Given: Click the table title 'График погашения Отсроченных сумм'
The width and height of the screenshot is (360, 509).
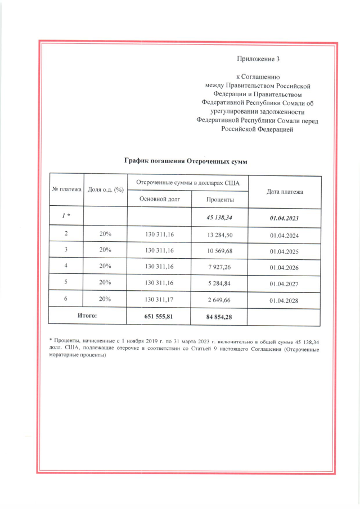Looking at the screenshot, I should pos(186,161).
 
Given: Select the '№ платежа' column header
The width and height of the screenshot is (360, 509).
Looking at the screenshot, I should pos(66,190).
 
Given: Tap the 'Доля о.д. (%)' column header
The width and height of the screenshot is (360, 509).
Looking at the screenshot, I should pos(105,190).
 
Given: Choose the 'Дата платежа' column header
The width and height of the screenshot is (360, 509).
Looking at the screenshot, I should pos(285,192).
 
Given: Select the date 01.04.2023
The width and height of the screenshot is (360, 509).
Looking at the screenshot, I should pos(285,217).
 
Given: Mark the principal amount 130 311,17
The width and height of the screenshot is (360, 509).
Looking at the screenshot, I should pos(159,300).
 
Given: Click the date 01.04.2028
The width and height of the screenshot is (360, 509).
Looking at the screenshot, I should pos(285,301).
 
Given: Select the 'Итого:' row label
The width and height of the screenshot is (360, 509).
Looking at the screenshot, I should pos(87,316).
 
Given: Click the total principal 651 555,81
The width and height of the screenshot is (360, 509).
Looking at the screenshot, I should pos(159,317).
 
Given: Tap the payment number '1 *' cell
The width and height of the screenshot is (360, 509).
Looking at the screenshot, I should pos(66,216).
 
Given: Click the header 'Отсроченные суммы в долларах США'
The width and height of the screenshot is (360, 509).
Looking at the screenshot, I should pos(188,183).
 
